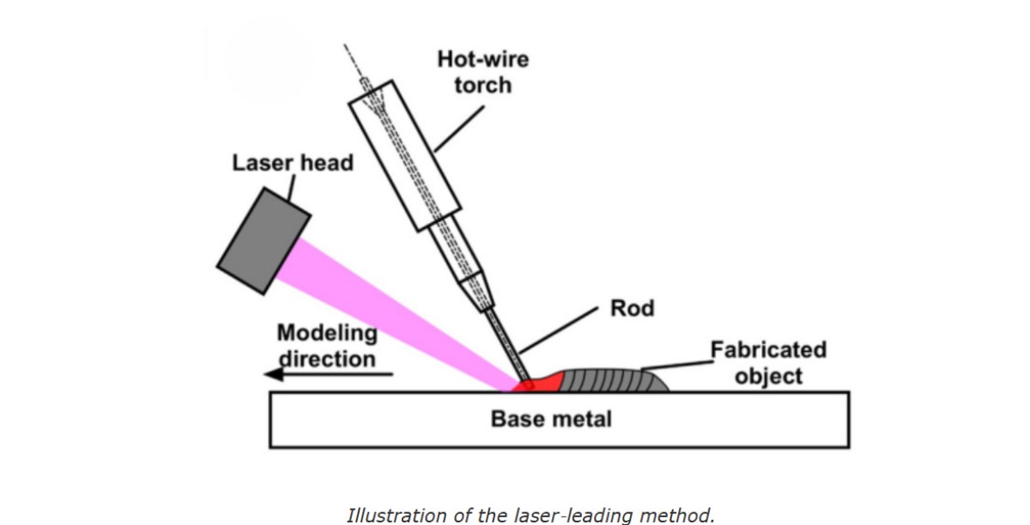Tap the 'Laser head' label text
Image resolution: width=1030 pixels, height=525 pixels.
(x=292, y=163)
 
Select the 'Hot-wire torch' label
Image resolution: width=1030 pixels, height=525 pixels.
(x=483, y=72)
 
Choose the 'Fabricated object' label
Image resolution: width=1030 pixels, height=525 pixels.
(x=768, y=363)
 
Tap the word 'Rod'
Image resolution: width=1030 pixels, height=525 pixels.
(x=632, y=308)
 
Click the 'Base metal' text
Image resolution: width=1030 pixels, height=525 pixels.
(x=551, y=419)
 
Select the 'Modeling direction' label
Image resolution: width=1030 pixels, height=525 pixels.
(x=326, y=345)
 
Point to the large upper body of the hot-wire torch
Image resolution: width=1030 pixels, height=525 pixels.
(x=406, y=155)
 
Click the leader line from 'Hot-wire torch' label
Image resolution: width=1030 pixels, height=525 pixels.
(x=458, y=129)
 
